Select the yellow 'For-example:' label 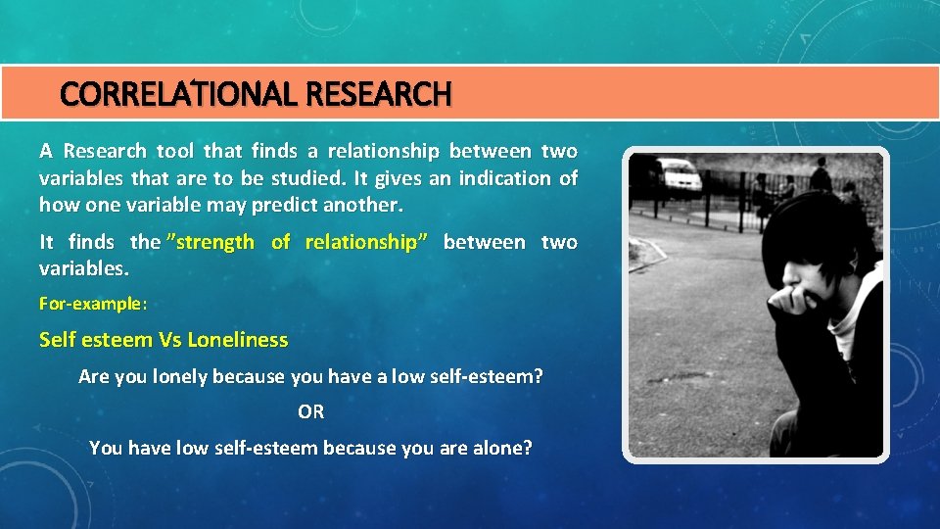pos(93,304)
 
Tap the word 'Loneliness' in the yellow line pos(238,340)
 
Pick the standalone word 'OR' pos(311,412)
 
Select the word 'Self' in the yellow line pos(57,340)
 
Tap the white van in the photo pos(678,176)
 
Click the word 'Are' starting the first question pos(94,376)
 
